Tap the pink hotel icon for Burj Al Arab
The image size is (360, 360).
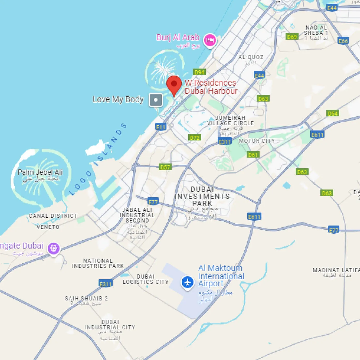coord(210,40)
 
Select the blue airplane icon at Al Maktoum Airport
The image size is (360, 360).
coord(187,282)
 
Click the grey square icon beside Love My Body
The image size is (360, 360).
coord(156,100)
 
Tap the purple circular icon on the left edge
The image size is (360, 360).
coord(54,248)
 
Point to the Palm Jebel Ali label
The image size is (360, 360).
coord(40,172)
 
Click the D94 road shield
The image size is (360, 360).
coord(199,72)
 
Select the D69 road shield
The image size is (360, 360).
coord(292,37)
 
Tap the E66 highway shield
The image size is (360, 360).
coord(343,41)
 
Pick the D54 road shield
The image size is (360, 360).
coord(333,113)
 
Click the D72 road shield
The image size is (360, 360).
coord(195,138)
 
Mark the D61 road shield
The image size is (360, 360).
coord(253,155)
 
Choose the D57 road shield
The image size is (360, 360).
coord(165,167)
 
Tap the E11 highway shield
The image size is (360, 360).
coord(161,127)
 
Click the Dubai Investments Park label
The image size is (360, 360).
coord(202,196)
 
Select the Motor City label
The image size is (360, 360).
coord(257,141)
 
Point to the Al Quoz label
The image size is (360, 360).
coord(251,57)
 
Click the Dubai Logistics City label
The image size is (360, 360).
coord(146,279)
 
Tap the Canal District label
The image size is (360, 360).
coord(53,216)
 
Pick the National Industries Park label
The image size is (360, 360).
coord(98,263)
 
